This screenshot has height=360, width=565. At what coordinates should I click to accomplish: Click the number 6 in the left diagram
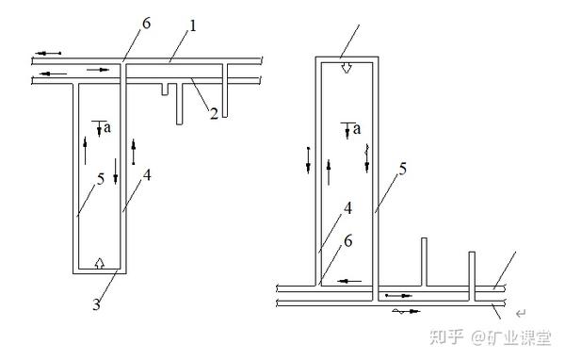146,24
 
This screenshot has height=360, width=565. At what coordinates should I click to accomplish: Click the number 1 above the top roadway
193,26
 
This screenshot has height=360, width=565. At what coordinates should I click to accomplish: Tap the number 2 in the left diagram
214,114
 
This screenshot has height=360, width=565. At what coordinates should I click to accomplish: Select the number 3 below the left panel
96,304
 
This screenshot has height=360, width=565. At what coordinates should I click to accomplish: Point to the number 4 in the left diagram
147,175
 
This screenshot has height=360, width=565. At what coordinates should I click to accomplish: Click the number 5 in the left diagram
101,179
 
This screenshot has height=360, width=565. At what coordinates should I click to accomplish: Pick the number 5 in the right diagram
402,169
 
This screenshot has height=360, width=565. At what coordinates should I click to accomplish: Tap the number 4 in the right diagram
347,208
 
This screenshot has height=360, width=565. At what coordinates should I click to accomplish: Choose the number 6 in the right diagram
348,241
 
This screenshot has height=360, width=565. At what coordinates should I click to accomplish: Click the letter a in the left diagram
107,127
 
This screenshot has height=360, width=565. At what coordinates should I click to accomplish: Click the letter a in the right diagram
357,129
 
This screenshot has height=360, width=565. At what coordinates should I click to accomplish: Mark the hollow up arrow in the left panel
100,263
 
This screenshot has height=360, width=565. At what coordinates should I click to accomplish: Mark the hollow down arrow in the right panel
347,68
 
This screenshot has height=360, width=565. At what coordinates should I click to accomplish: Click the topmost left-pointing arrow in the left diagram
48,54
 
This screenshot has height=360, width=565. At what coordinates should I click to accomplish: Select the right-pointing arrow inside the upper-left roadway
98,70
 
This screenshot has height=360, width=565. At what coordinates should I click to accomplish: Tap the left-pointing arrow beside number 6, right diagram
349,281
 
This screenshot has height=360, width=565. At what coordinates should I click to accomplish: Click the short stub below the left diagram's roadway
165,90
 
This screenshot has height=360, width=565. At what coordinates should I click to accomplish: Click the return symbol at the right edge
521,314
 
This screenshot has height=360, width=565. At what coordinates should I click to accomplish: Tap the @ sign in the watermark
479,337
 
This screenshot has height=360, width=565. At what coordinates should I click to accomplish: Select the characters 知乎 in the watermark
446,337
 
